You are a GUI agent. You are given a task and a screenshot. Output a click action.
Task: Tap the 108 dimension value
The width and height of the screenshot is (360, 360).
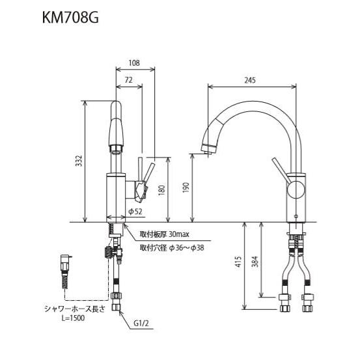[135, 63]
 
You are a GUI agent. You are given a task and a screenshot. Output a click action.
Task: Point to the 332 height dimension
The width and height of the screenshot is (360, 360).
[79, 161]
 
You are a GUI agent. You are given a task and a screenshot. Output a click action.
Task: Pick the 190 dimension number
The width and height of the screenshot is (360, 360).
[186, 188]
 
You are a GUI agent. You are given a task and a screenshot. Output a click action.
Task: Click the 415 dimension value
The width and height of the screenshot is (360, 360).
[238, 262]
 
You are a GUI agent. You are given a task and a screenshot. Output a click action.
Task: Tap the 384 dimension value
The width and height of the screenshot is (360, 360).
[256, 262]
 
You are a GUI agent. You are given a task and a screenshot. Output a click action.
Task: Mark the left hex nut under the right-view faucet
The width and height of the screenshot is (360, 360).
[284, 301]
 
